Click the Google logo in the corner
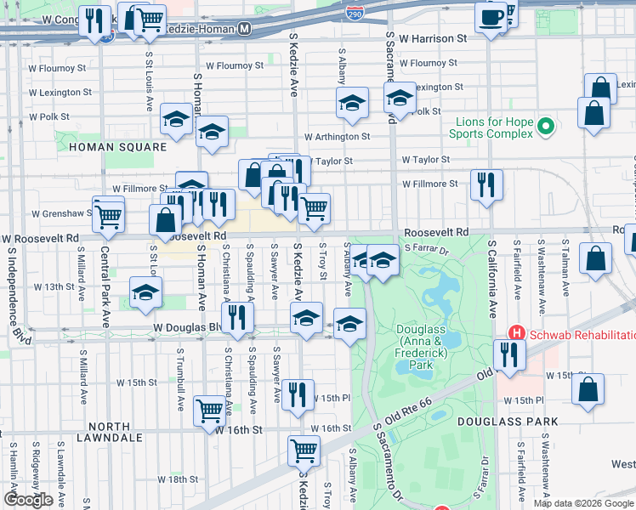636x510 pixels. click(28, 500)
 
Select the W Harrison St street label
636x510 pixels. click(433, 38)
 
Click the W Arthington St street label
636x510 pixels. click(338, 136)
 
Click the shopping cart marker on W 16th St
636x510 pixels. click(209, 411)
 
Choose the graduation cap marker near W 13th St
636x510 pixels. click(146, 292)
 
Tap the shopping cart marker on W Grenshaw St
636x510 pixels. click(108, 214)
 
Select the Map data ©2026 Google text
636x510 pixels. click(583, 503)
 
